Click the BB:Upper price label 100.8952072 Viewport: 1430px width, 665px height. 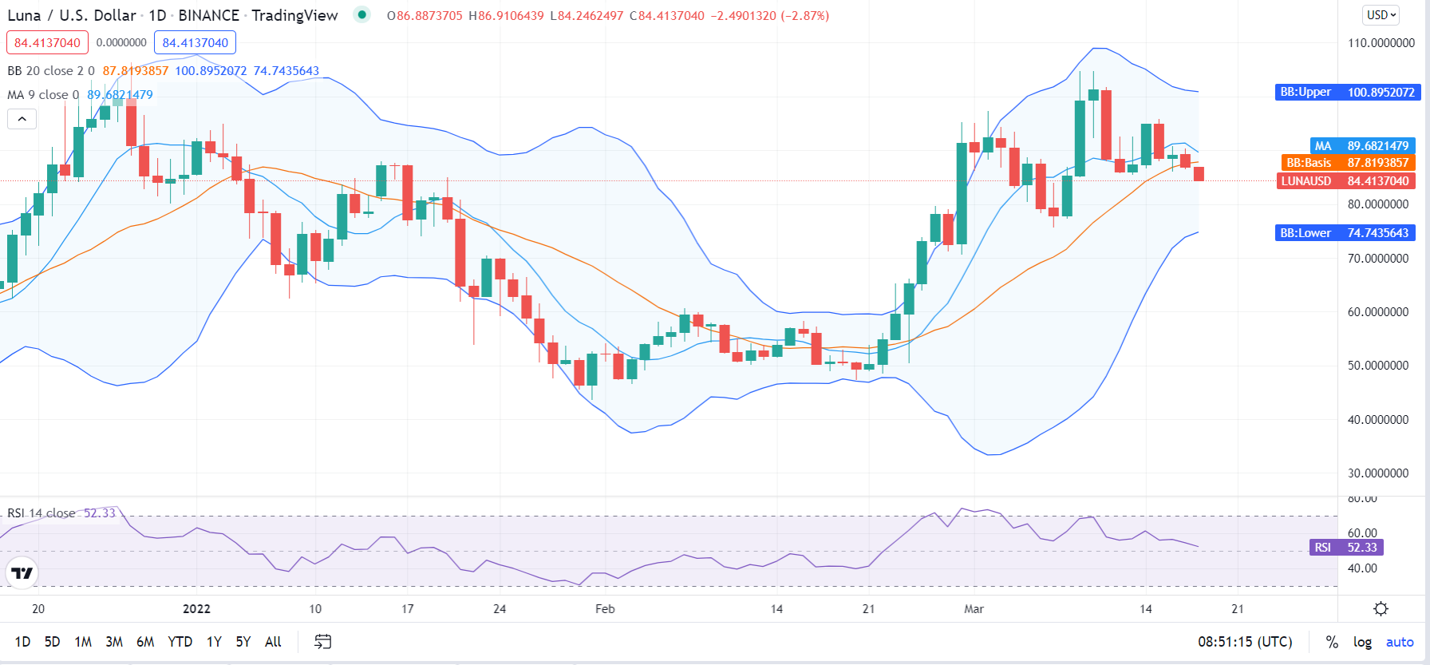pyautogui.click(x=1345, y=93)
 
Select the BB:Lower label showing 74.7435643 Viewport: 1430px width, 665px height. pyautogui.click(x=1345, y=233)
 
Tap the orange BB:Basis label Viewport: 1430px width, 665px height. pyautogui.click(x=1348, y=163)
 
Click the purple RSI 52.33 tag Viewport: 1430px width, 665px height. pyautogui.click(x=1346, y=548)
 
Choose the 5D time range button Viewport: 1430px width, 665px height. pyautogui.click(x=52, y=642)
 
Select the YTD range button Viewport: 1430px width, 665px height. pyautogui.click(x=180, y=642)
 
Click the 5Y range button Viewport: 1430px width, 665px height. pyautogui.click(x=243, y=642)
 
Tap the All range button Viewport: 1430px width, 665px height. pyautogui.click(x=273, y=642)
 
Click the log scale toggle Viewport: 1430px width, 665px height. pyautogui.click(x=1362, y=642)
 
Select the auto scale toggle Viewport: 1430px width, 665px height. pyautogui.click(x=1400, y=642)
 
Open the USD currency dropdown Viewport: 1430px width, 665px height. pyautogui.click(x=1381, y=15)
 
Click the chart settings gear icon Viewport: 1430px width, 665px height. pyautogui.click(x=1381, y=609)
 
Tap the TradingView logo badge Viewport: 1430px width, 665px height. pyautogui.click(x=22, y=573)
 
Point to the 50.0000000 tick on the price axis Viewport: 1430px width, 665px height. pyautogui.click(x=1378, y=366)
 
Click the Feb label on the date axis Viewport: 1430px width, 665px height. pyautogui.click(x=605, y=609)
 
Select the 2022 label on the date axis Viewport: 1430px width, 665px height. pyautogui.click(x=196, y=609)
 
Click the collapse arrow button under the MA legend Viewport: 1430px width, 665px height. pyautogui.click(x=22, y=120)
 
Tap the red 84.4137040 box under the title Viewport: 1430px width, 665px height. pyautogui.click(x=47, y=43)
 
